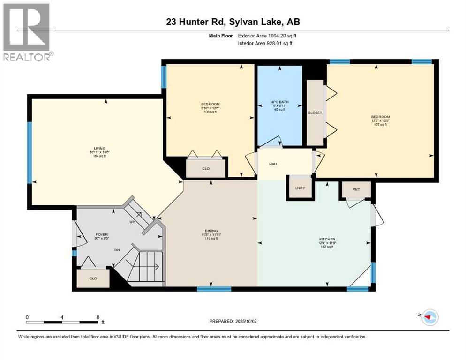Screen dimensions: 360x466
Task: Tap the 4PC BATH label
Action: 279,103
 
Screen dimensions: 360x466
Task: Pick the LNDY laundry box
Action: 300,188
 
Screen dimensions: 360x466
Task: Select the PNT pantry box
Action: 356,189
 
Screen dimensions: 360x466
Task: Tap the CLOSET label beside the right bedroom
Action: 314,113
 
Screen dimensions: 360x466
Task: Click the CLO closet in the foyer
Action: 93,278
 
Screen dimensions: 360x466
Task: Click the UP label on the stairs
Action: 133,222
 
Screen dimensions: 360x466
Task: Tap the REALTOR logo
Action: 27,32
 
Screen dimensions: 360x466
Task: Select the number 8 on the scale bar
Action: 98,317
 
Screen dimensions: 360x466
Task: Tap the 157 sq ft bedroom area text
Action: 380,125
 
